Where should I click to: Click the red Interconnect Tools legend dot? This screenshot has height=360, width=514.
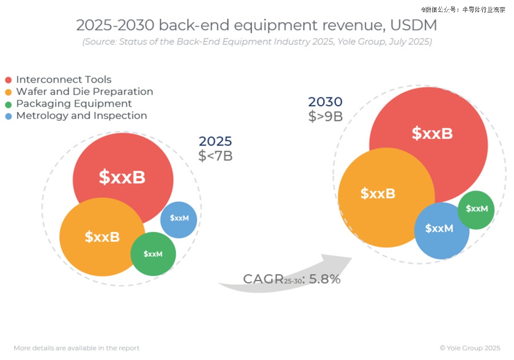[8, 80]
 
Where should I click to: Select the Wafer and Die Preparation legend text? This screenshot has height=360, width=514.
[84, 91]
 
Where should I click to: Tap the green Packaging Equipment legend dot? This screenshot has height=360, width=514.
[8, 104]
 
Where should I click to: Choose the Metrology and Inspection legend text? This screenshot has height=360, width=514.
[81, 116]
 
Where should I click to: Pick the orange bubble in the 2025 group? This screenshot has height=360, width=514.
[102, 237]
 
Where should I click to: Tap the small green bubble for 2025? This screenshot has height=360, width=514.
[153, 254]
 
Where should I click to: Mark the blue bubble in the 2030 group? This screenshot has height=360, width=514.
[440, 230]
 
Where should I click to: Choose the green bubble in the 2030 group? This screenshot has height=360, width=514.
[476, 210]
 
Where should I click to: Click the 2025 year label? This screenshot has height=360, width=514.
[215, 141]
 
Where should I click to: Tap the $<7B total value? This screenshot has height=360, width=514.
[216, 156]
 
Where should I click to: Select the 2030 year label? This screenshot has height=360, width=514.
[325, 102]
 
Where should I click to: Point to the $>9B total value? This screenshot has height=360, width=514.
[326, 117]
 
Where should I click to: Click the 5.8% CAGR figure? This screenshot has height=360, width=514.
[325, 280]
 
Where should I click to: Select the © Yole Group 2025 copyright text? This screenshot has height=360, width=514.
[470, 348]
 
